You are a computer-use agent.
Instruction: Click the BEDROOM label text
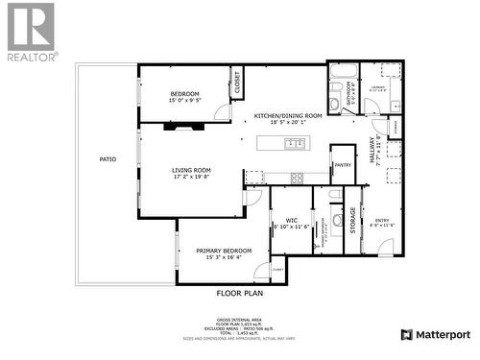click(184, 93)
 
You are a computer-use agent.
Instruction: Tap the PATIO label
click(108, 159)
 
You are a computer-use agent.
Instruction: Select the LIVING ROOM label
click(191, 170)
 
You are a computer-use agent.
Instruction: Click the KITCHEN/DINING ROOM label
click(287, 115)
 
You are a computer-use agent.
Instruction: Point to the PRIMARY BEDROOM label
click(223, 251)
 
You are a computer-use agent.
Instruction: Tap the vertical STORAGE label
click(353, 220)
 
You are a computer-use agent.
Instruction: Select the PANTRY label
click(343, 165)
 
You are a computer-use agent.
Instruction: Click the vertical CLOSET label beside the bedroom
click(237, 85)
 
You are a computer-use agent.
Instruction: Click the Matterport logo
click(435, 334)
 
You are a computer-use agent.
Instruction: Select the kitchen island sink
click(296, 144)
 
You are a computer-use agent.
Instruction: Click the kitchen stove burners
click(297, 177)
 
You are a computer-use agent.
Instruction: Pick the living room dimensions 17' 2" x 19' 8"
click(191, 177)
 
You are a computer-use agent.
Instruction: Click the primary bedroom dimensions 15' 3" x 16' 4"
click(223, 257)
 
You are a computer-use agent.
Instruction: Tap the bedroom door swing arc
click(222, 112)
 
